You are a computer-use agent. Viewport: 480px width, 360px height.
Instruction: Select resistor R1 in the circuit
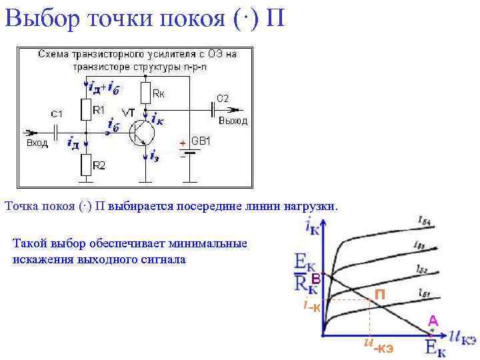pos(85,109)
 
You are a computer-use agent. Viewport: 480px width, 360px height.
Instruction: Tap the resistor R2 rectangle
pos(85,163)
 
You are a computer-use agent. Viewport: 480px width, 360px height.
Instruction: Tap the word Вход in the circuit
pos(37,143)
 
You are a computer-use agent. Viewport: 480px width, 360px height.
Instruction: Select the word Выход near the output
pos(233,121)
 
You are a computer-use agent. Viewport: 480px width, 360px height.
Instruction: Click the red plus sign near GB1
pos(181,143)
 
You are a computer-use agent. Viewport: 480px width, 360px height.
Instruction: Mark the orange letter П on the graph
pos(379,294)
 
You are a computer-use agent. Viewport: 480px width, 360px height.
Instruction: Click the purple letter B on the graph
pos(317,281)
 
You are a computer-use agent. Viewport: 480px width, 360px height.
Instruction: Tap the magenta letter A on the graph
pos(433,319)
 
